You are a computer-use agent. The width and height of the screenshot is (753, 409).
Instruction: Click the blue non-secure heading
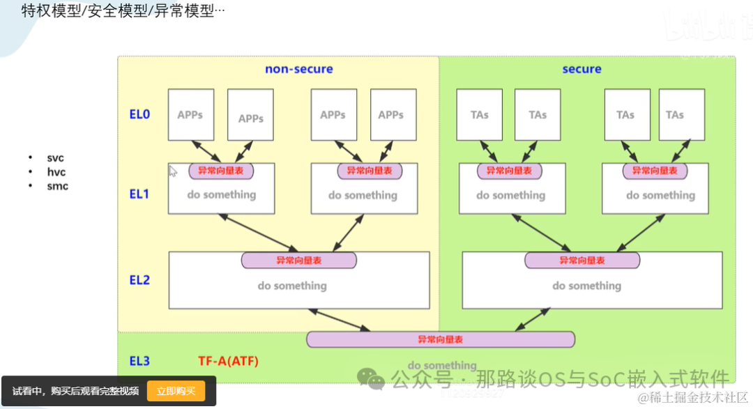point(298,69)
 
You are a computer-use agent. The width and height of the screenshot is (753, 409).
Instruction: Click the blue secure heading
point(581,69)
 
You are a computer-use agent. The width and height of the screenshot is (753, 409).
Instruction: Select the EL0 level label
point(139,114)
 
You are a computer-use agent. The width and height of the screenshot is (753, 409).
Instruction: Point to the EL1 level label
point(139,194)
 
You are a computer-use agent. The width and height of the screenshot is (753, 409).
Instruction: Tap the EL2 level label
point(139,279)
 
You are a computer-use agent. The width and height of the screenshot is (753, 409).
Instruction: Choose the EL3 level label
point(139,361)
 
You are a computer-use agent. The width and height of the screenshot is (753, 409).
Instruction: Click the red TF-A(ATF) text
point(228,361)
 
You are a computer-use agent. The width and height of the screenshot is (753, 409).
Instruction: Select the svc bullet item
point(55,158)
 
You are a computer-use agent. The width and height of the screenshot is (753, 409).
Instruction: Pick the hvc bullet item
point(56,172)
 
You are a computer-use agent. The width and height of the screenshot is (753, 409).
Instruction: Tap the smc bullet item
point(57,186)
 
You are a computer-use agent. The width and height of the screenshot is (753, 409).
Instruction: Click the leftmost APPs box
point(190,114)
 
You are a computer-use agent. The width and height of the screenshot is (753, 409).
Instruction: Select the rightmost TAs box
point(674,114)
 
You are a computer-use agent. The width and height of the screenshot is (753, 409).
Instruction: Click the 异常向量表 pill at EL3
point(441,339)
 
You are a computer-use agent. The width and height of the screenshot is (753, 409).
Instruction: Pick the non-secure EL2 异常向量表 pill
point(299,260)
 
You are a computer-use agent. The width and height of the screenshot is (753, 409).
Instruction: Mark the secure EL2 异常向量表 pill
point(582,260)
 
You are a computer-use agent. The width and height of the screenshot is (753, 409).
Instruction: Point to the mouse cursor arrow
point(173,171)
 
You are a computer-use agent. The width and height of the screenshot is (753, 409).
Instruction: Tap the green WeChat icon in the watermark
point(370,378)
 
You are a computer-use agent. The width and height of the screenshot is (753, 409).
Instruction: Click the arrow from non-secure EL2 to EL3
point(341,320)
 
